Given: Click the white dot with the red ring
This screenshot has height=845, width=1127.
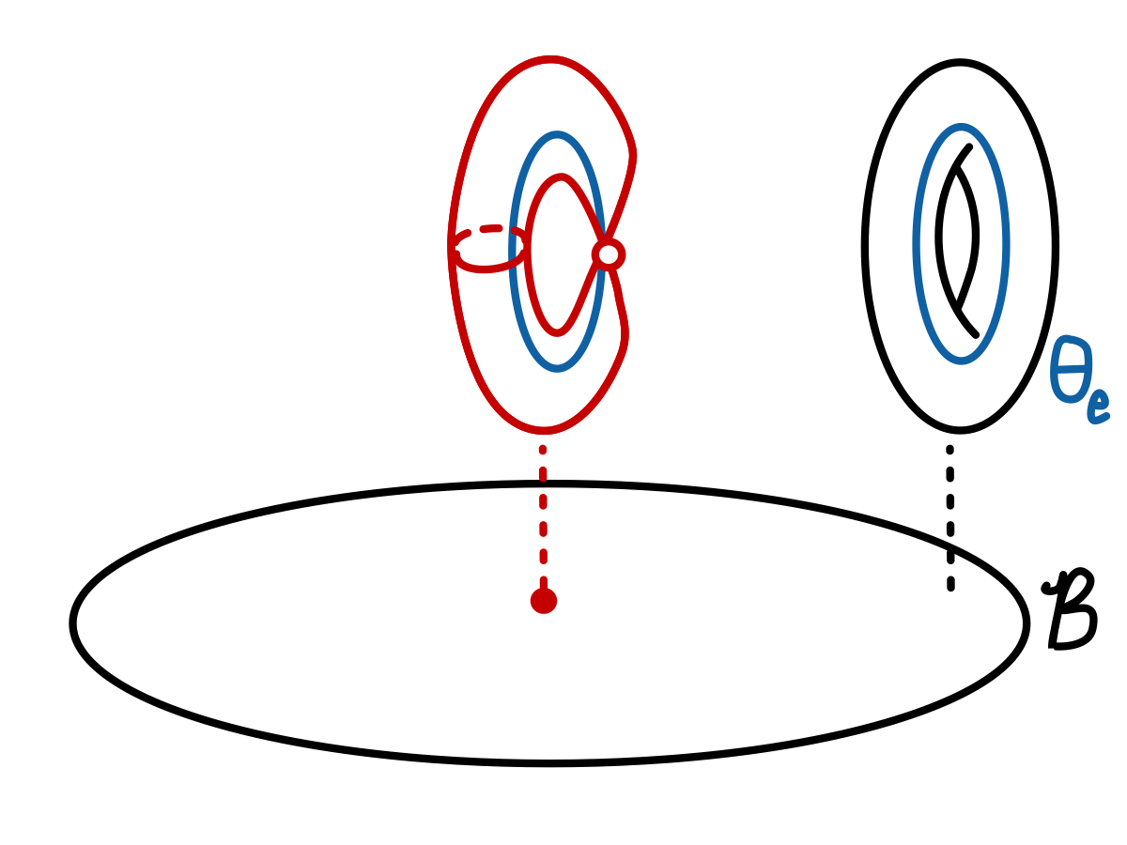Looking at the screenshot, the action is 609,254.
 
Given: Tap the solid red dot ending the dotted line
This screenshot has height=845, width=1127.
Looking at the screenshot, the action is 544,601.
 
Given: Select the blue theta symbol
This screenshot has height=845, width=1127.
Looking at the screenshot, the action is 1071,369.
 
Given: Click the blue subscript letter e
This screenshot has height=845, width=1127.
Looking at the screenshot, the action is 1098,405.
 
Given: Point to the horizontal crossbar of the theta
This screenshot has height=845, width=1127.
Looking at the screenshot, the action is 1071,368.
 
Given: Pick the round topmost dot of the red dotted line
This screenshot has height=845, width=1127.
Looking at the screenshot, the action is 543,450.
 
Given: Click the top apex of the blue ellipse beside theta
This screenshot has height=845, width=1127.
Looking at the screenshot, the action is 961,127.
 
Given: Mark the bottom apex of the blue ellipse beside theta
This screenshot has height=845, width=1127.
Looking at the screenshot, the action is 961,360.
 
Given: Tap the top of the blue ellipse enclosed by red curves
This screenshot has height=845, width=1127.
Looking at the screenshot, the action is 557,135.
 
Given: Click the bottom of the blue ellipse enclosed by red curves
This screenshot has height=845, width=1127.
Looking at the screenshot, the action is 557,367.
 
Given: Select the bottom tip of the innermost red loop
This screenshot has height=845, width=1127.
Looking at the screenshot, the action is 557,332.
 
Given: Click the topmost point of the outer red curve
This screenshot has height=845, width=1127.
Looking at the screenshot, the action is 549,60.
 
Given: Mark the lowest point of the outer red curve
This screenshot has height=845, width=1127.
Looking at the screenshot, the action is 544,430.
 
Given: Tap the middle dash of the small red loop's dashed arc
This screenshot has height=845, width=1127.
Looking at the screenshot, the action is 490,229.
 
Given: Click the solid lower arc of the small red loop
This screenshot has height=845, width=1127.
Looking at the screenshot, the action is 486,269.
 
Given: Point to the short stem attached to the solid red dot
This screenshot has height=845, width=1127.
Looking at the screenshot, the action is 544,582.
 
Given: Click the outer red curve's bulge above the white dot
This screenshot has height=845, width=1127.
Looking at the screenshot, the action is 632,155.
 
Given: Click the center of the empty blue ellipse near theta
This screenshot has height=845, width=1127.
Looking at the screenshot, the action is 961,244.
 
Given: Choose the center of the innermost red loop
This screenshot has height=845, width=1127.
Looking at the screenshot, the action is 559,254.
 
